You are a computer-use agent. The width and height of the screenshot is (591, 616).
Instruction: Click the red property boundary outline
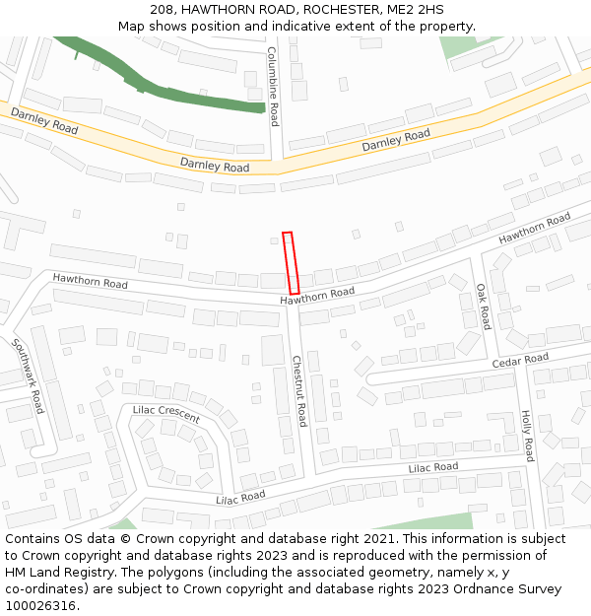291,262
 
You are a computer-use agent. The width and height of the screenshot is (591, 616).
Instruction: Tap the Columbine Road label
274,86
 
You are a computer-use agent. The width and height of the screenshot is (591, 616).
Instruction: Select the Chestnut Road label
298,391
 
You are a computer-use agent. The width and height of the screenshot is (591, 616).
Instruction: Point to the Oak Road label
483,307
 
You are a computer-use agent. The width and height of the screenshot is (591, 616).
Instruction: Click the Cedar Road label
520,360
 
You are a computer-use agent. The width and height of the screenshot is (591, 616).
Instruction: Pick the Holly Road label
527,436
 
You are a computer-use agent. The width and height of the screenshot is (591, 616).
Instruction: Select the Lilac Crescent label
165,414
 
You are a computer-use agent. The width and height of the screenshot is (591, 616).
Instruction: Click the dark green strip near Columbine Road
197,97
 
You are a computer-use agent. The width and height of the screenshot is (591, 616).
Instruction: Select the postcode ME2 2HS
415,10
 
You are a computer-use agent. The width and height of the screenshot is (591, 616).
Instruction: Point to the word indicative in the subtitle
295,27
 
